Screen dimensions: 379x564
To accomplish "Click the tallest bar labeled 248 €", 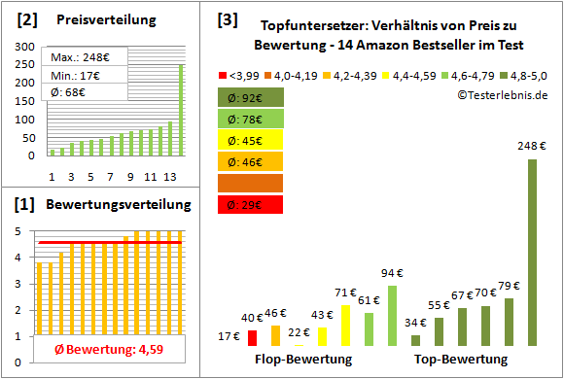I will click(532, 253).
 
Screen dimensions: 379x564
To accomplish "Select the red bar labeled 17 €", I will click(252, 337).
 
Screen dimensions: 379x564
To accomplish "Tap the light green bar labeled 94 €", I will click(392, 315).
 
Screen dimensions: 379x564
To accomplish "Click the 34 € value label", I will click(415, 323).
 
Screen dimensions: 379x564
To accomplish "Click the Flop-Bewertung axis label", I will click(303, 360).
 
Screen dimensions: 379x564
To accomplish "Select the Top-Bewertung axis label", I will click(461, 360).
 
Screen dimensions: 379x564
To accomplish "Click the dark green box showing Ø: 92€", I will click(252, 97).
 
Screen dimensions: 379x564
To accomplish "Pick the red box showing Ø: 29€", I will click(252, 204).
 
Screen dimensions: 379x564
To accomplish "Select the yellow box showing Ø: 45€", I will click(252, 140).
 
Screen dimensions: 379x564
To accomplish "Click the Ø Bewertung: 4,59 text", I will click(102, 350).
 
